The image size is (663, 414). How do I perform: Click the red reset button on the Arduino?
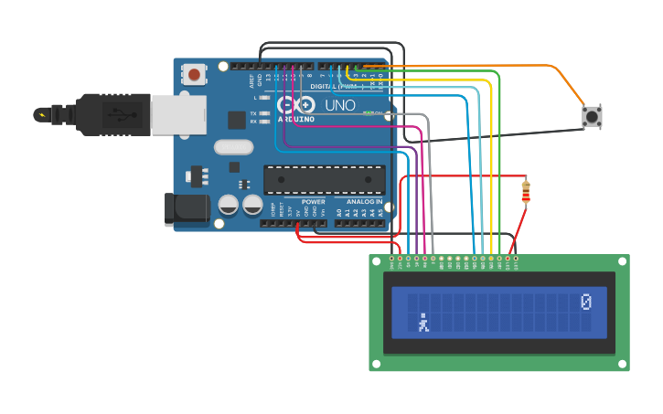click(x=194, y=74)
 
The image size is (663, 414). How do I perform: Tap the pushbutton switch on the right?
click(x=593, y=117)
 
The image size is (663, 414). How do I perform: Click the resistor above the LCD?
click(x=525, y=191)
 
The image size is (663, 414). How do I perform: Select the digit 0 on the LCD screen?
click(x=586, y=302)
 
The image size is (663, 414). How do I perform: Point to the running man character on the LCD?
click(x=423, y=323)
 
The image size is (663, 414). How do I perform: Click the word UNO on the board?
click(x=340, y=105)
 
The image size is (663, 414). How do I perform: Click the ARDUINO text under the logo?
click(x=296, y=119)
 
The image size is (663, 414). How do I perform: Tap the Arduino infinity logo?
click(x=294, y=105)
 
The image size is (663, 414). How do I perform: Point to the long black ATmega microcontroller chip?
click(x=324, y=179)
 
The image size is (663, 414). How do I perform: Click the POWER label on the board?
click(x=313, y=201)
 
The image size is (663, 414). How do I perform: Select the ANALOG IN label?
click(x=364, y=201)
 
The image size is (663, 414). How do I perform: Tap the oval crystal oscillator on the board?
click(x=233, y=146)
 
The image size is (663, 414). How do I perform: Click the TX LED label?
click(x=253, y=113)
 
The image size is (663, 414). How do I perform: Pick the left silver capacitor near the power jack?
click(x=229, y=205)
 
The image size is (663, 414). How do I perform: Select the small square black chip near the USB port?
click(x=237, y=120)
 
